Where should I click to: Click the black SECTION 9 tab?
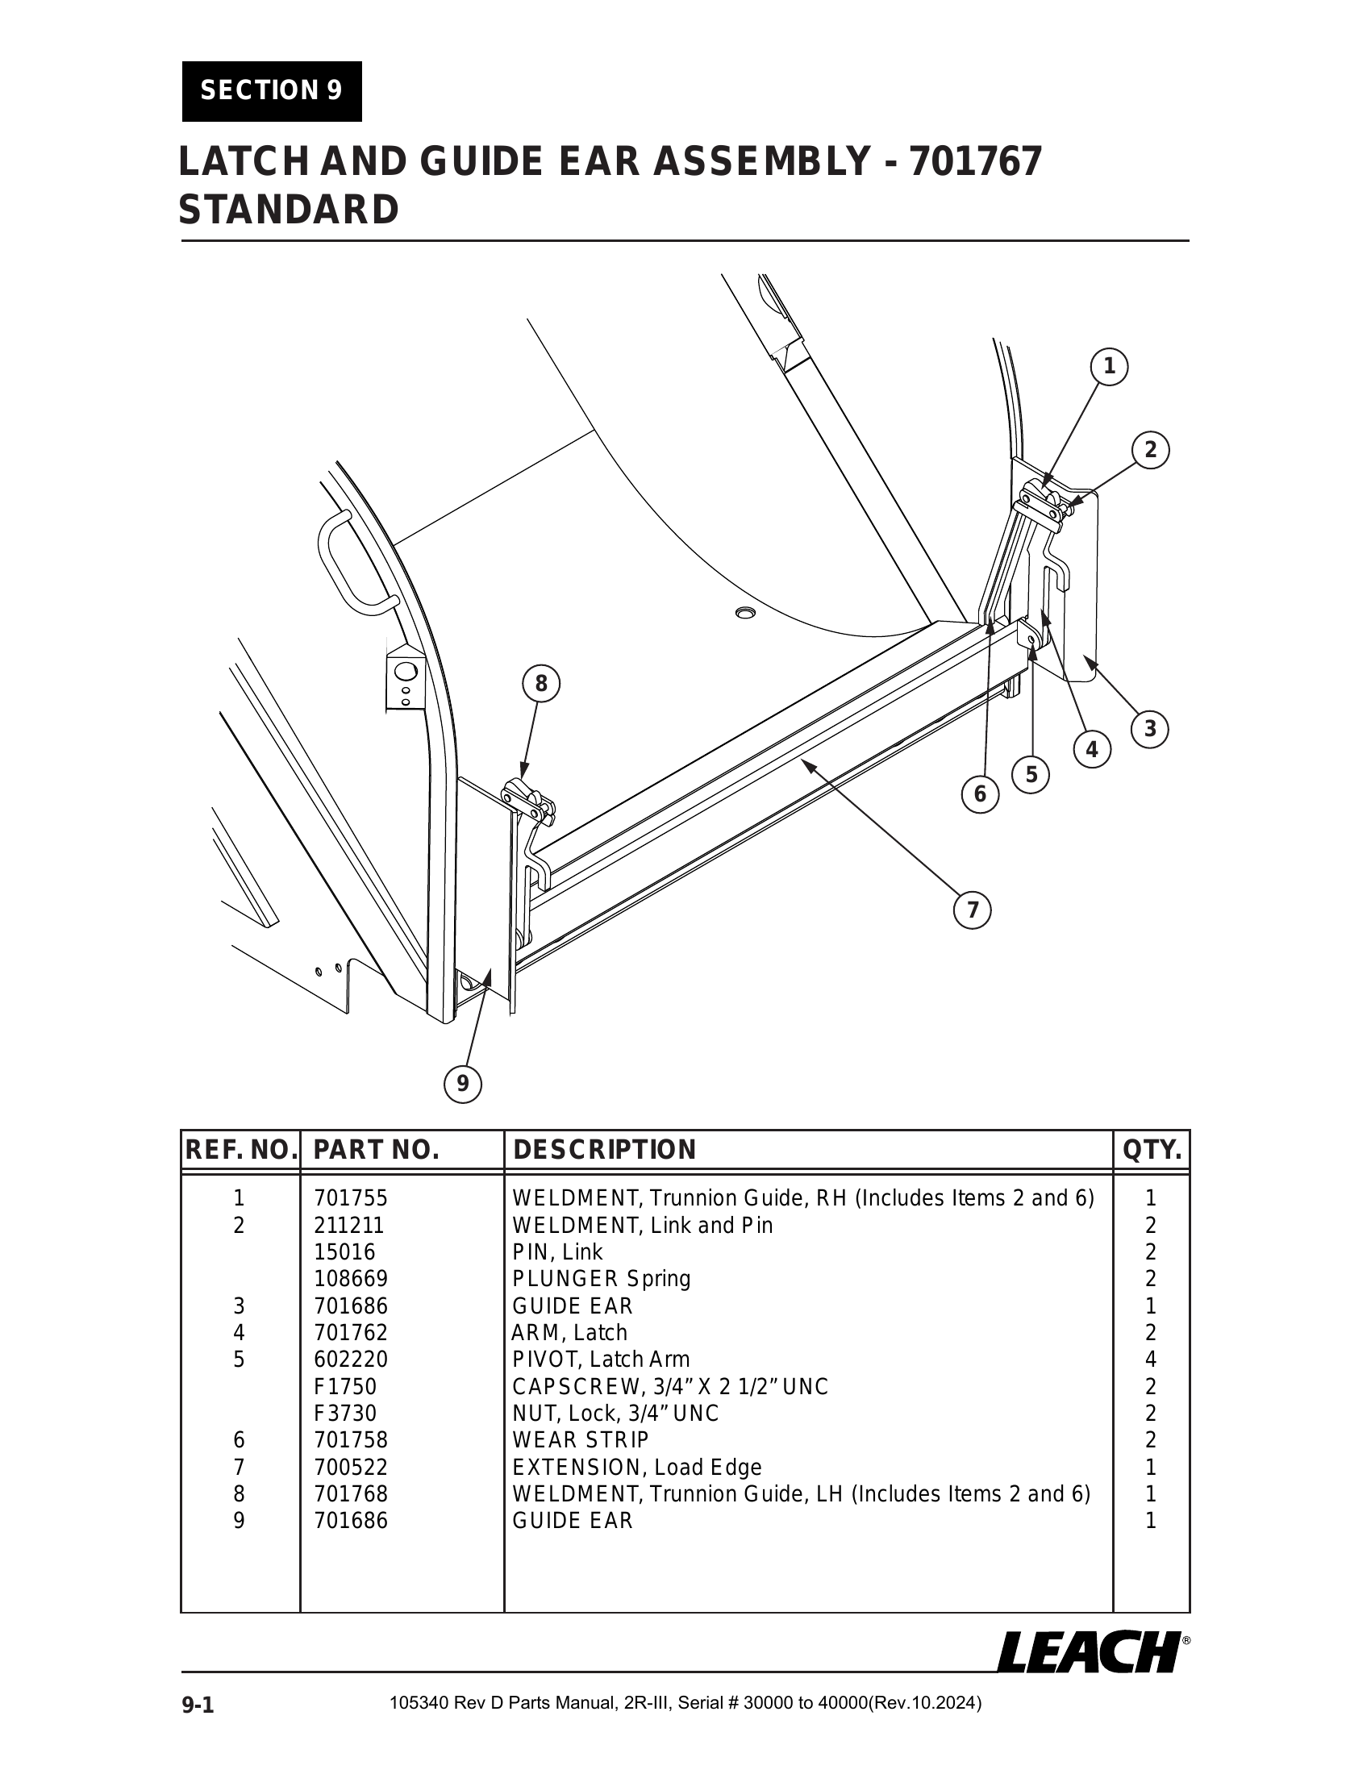click(271, 90)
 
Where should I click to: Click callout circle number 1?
click(1109, 367)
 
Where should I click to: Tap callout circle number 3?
click(1149, 729)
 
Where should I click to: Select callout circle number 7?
click(973, 910)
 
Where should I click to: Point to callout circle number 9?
click(462, 1083)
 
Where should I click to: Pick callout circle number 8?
click(541, 684)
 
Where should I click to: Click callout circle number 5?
click(1031, 774)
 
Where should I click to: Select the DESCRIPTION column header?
click(604, 1150)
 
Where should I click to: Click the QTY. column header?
click(1151, 1150)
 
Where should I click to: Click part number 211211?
click(349, 1225)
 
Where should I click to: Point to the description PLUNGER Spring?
click(601, 1279)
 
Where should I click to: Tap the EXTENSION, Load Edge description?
click(637, 1467)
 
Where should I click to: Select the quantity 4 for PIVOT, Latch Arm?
click(1150, 1360)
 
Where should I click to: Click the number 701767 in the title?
click(975, 160)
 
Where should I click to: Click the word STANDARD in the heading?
click(289, 210)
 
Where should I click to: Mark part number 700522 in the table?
click(351, 1467)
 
